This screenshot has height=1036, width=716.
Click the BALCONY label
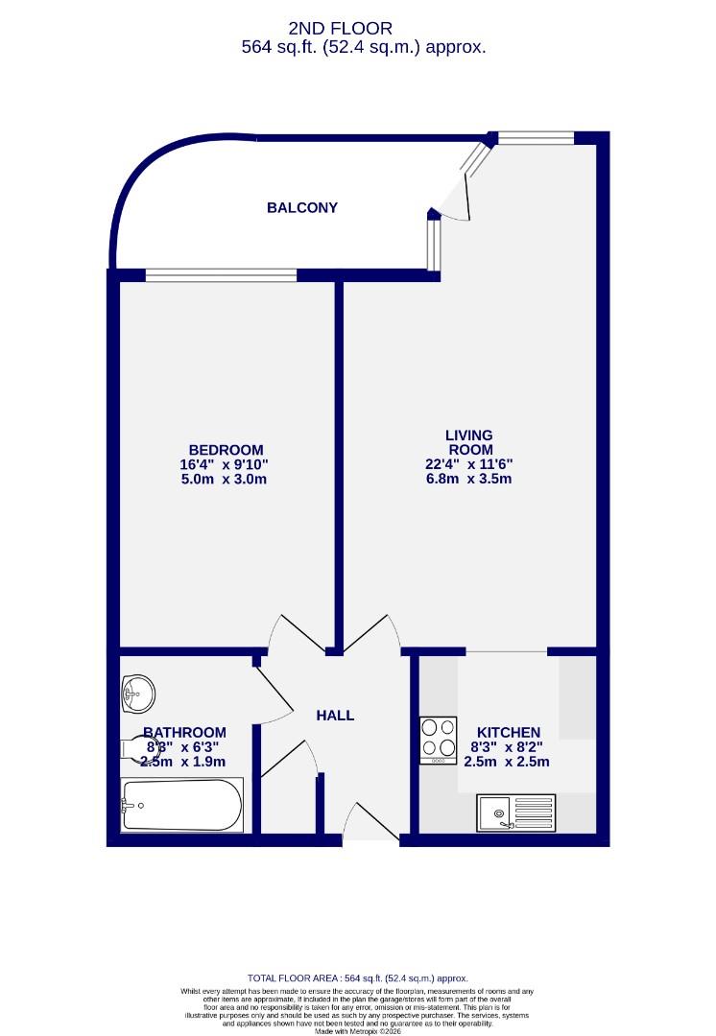tap(302, 207)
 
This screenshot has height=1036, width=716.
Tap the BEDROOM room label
tap(226, 450)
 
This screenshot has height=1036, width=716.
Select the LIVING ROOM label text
tap(469, 442)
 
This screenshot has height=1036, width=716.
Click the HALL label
tap(335, 716)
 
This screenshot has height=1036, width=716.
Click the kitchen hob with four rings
tap(439, 741)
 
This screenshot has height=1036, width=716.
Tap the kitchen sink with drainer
tap(516, 813)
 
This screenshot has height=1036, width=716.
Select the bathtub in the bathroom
tap(181, 805)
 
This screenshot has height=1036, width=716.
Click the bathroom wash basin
tap(138, 690)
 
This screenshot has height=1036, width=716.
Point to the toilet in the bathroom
tap(134, 748)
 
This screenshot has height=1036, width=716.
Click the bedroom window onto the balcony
tap(222, 275)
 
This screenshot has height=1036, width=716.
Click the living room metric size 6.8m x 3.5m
tap(469, 479)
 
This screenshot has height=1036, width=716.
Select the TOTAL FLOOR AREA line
tap(357, 977)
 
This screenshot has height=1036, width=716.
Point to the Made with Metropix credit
tap(357, 1030)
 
